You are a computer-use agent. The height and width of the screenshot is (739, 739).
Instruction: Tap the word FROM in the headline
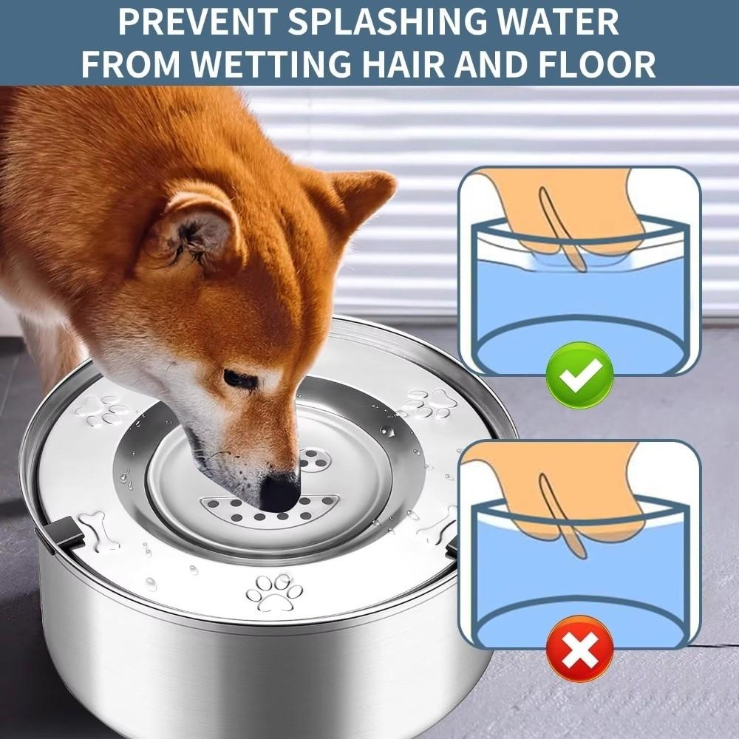[x=132, y=64]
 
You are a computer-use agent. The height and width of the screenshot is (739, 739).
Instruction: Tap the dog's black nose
[x=280, y=491]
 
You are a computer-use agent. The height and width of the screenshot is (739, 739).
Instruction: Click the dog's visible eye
[x=240, y=380]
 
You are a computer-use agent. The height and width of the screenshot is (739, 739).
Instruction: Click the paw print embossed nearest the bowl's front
[x=274, y=591]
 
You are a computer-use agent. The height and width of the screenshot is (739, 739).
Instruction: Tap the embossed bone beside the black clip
[x=97, y=528]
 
